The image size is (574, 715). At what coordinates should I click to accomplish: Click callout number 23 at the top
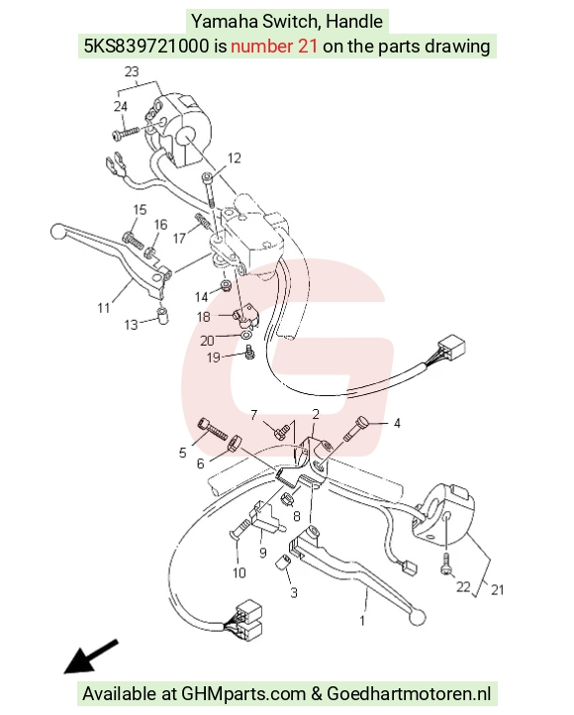click(x=132, y=72)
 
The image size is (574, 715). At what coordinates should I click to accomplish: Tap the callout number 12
click(x=234, y=158)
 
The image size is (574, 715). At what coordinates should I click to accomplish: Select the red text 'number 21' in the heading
click(x=274, y=47)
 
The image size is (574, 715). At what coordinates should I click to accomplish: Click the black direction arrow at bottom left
click(x=91, y=657)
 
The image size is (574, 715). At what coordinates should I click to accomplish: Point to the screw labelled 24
click(x=125, y=133)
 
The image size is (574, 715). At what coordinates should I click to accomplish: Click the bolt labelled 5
click(x=213, y=429)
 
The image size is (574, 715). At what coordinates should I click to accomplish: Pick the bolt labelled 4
click(x=356, y=428)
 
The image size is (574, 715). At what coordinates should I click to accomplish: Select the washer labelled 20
click(x=245, y=337)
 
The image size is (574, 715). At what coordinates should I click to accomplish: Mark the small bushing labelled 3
click(x=283, y=562)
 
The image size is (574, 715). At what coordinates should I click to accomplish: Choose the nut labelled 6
click(x=235, y=442)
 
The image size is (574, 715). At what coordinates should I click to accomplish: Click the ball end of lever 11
click(x=57, y=231)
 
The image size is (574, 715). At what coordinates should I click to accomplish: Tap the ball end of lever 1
click(x=417, y=617)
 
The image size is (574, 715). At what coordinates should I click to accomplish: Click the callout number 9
click(x=263, y=553)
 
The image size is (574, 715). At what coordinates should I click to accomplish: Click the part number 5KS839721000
click(x=145, y=47)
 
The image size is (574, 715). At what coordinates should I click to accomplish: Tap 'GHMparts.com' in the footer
click(x=243, y=694)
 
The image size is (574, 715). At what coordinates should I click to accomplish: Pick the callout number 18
click(x=203, y=317)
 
